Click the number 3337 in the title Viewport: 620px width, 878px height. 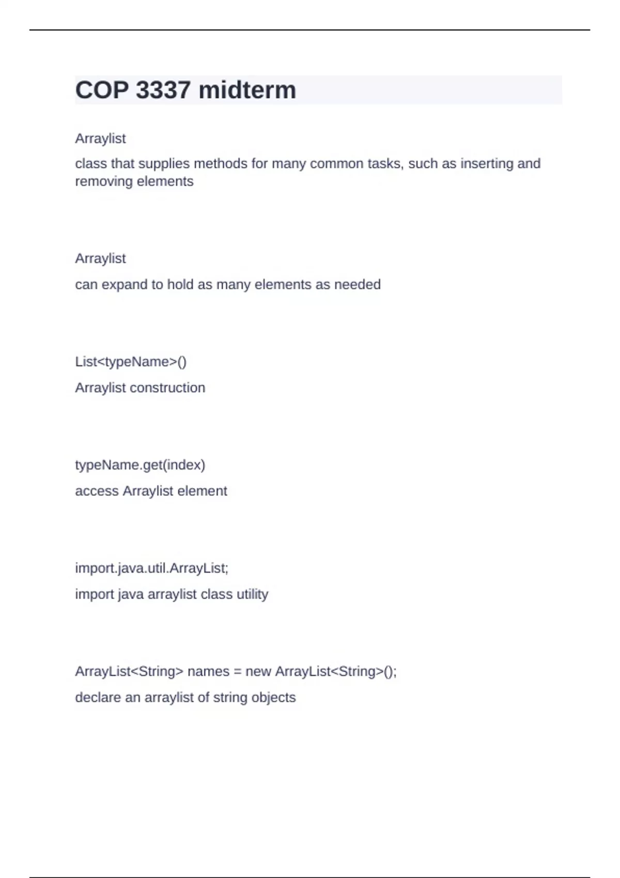click(163, 90)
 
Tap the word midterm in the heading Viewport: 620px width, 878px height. click(247, 90)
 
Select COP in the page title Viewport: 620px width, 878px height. click(102, 90)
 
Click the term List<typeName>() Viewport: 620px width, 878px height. click(131, 362)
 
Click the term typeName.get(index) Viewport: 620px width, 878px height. click(140, 465)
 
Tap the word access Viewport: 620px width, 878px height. click(97, 491)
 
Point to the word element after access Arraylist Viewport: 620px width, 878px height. click(202, 491)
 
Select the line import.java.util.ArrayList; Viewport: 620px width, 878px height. click(151, 568)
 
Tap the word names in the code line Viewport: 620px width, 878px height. click(208, 671)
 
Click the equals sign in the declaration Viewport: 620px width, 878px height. click(238, 671)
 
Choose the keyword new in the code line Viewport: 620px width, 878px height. click(258, 671)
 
